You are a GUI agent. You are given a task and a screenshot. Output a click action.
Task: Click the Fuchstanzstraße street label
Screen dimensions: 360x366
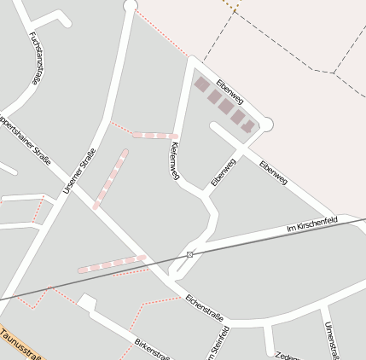(x=35, y=58)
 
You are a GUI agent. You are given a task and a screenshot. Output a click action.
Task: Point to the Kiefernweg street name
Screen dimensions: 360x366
(x=174, y=160)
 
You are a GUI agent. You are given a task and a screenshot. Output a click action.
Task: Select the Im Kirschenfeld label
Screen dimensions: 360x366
(x=312, y=225)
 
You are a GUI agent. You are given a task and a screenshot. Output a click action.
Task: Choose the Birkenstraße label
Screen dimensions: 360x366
(x=152, y=349)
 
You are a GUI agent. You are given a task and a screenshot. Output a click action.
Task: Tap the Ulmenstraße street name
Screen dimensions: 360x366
(x=332, y=340)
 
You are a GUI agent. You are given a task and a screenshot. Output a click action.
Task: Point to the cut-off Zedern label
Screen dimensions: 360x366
(x=287, y=355)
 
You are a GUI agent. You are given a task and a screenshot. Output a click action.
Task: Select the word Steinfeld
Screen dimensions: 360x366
(x=224, y=345)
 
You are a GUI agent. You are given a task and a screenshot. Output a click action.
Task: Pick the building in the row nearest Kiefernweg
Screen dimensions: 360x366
(x=202, y=84)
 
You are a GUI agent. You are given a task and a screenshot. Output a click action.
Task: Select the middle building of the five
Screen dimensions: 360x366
(x=225, y=106)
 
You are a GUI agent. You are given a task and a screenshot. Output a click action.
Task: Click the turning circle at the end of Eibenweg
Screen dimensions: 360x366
(x=266, y=125)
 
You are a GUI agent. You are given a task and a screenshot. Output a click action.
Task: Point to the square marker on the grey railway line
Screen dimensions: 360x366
(x=189, y=254)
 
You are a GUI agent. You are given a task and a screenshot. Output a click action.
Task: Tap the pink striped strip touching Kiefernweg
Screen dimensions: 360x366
(x=154, y=136)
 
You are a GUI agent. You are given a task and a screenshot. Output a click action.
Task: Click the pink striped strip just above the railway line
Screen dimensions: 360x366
(x=112, y=264)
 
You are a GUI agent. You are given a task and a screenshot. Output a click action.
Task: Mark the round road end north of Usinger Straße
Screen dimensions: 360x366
(x=130, y=5)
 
